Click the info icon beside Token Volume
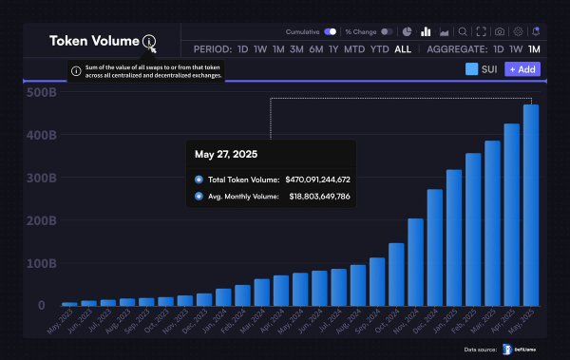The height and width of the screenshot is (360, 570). tap(148, 41)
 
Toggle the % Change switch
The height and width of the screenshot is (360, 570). tap(386, 31)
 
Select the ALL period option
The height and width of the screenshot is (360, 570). tap(403, 49)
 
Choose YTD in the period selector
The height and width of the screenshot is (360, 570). tap(379, 49)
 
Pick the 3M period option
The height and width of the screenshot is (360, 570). tap(297, 49)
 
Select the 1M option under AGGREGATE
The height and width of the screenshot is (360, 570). tap(534, 49)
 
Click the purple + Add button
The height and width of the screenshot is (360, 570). tap(522, 69)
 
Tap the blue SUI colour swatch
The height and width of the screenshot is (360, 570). tap(472, 69)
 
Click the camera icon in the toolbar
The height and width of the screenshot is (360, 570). tap(500, 31)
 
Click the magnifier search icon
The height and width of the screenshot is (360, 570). tap(463, 31)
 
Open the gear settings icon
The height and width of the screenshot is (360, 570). tap(518, 31)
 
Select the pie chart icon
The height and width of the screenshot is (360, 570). tap(407, 31)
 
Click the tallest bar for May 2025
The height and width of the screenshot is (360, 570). tap(531, 205)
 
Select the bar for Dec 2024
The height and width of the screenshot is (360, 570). tap(434, 248)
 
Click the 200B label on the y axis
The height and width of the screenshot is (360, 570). tap(43, 220)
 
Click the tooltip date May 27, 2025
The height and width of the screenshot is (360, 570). tap(226, 153)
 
